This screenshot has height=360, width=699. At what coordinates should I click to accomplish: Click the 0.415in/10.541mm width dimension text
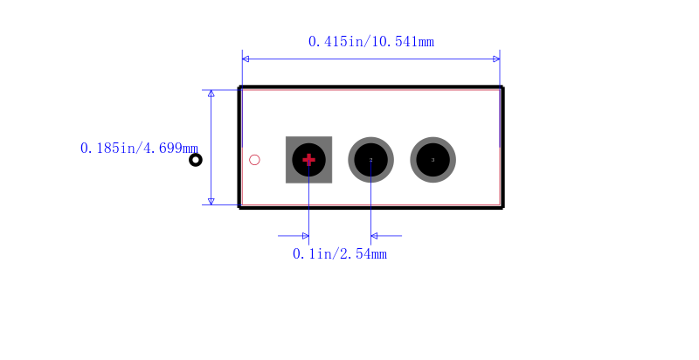coord(370,41)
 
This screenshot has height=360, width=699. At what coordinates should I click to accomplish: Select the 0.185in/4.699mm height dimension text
coord(139,149)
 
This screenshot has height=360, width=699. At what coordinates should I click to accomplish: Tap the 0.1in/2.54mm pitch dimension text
coord(340,254)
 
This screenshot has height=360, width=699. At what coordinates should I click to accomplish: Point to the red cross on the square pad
coord(308,160)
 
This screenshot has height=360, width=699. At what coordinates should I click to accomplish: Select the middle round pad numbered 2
coord(370,160)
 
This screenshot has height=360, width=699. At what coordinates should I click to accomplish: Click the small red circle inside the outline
coord(254,160)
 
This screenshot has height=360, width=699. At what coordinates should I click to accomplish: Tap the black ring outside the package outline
coord(196,160)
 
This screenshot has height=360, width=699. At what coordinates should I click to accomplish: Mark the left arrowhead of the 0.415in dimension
coord(246,59)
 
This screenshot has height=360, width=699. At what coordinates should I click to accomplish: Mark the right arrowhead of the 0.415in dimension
coord(496,59)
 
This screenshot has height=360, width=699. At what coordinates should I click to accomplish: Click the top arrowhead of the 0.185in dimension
coord(211,93)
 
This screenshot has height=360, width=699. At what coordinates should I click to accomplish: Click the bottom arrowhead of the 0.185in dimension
coord(211,201)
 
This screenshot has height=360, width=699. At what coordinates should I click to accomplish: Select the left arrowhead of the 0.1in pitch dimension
coord(305,236)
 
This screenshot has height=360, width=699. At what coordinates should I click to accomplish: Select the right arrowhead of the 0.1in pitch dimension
coord(374,236)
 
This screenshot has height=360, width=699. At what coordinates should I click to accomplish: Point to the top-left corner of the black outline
coord(240,88)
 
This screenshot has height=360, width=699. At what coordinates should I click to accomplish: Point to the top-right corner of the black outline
coord(502,88)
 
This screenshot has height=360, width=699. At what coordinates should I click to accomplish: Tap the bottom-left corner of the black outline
coord(240,207)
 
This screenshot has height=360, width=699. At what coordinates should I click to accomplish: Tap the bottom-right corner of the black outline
coord(502,207)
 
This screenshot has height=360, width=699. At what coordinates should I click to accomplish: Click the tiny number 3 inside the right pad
coord(433,160)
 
